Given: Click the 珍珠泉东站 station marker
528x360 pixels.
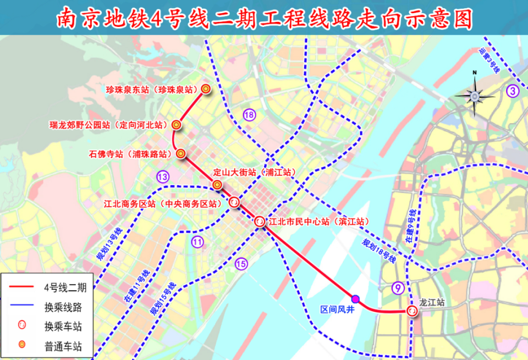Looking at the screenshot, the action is (x=206, y=88).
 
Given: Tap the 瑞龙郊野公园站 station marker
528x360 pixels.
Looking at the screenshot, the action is (x=176, y=125).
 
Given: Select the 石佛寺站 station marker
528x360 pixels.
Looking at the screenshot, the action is (x=181, y=154).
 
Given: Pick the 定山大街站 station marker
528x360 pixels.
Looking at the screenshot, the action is (x=217, y=184).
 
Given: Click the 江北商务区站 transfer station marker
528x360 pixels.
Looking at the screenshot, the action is (x=234, y=202).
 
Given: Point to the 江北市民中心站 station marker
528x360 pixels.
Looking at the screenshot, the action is (x=260, y=222).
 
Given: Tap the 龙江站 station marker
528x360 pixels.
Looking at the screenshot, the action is (x=411, y=311).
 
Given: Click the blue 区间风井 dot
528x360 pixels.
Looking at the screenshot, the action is (x=355, y=298).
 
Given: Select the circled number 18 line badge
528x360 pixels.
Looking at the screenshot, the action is (x=250, y=115).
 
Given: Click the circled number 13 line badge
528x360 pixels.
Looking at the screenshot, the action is (x=162, y=176).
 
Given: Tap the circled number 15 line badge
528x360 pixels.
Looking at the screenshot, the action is (x=241, y=264).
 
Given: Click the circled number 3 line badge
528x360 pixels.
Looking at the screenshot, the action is (x=513, y=91).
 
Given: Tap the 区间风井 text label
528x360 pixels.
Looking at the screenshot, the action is (x=338, y=311).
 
